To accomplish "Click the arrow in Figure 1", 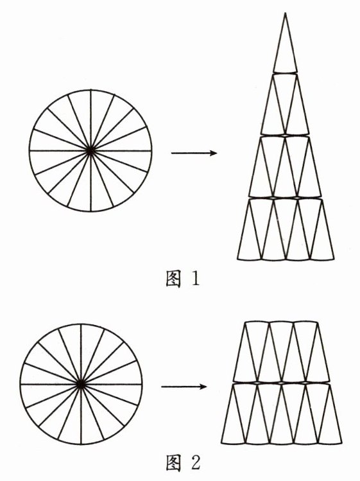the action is pyautogui.click(x=194, y=153).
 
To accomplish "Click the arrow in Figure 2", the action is pyautogui.click(x=184, y=387).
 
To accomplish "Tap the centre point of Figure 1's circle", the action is pyautogui.click(x=90, y=151).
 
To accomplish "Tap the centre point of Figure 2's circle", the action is pyautogui.click(x=81, y=384).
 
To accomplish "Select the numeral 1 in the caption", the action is pyautogui.click(x=195, y=279).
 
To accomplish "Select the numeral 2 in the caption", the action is pyautogui.click(x=196, y=462).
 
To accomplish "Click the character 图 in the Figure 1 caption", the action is pyautogui.click(x=173, y=279).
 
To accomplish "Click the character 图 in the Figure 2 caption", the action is pyautogui.click(x=173, y=462).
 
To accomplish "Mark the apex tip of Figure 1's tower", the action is pyautogui.click(x=285, y=13).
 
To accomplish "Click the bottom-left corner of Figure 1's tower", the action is pyautogui.click(x=237, y=259).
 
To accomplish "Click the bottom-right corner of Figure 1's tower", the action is pyautogui.click(x=334, y=259).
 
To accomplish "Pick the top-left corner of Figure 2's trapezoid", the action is pyautogui.click(x=246, y=322).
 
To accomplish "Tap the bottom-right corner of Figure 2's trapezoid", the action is pyautogui.click(x=341, y=442).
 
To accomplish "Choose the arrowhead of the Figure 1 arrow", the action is pyautogui.click(x=214, y=153).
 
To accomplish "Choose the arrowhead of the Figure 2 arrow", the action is pyautogui.click(x=204, y=387).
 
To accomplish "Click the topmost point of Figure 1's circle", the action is pyautogui.click(x=90, y=90).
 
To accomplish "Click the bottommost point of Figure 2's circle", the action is pyautogui.click(x=81, y=444).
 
